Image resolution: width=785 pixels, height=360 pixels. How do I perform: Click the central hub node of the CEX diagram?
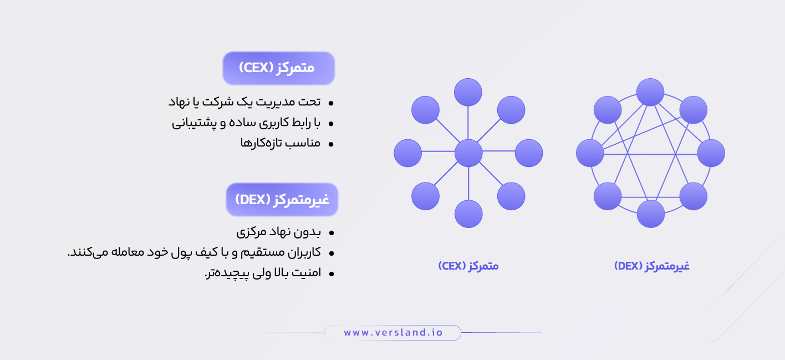pos(468,153)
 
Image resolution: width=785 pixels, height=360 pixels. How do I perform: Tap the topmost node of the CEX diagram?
pos(468,92)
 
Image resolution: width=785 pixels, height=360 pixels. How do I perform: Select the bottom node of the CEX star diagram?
pos(468,214)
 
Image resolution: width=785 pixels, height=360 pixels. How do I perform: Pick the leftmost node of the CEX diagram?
pos(408,153)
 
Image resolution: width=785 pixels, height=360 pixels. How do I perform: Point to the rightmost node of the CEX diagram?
pos(529,153)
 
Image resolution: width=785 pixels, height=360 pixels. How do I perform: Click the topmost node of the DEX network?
pos(650,92)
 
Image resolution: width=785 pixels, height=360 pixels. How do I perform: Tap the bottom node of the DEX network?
pos(650,214)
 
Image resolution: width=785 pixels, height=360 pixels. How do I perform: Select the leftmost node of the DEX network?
pos(590,153)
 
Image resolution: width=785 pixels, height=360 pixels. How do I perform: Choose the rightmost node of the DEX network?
pos(711,153)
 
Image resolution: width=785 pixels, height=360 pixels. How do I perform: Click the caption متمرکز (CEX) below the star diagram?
pos(468,266)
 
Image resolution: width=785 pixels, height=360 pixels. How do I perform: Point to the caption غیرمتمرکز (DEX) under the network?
pos(651,266)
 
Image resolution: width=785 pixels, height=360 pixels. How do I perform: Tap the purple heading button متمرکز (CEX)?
pos(278,68)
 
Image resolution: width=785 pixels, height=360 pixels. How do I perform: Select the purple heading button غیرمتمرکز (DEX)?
pos(282,200)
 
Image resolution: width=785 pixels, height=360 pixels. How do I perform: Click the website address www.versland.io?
pos(392,332)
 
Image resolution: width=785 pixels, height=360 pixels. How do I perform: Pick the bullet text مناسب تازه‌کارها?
pos(280,143)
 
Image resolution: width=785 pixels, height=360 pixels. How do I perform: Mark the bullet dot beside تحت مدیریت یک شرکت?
pos(331,103)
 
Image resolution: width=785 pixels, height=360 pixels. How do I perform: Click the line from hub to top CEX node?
pos(468,123)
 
